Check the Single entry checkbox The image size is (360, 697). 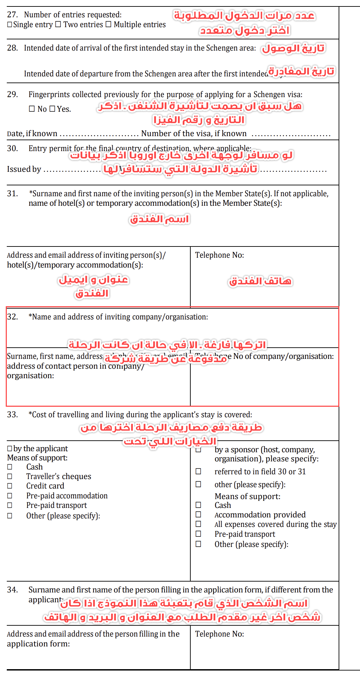[x=10, y=25]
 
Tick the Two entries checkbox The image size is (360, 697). [x=58, y=24]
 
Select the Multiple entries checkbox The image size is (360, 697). [x=108, y=24]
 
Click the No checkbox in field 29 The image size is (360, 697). [x=32, y=109]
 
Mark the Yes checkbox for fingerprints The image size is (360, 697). [x=52, y=109]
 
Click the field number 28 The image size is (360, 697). [x=12, y=48]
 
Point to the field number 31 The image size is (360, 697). [x=12, y=194]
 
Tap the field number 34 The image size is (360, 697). [x=12, y=590]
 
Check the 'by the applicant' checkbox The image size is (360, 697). [x=10, y=449]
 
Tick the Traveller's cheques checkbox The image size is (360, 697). [x=10, y=476]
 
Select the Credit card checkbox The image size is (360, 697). [x=10, y=486]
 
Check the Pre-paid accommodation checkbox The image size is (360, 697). [x=10, y=496]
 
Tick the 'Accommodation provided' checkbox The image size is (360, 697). [x=198, y=515]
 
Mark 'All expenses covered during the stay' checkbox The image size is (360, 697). [x=198, y=524]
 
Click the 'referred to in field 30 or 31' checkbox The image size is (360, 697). [x=198, y=472]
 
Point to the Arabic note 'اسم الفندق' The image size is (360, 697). [x=159, y=219]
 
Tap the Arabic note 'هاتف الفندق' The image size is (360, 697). [x=260, y=281]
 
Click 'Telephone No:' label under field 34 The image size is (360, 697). [x=220, y=634]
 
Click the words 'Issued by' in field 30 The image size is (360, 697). [x=24, y=169]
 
